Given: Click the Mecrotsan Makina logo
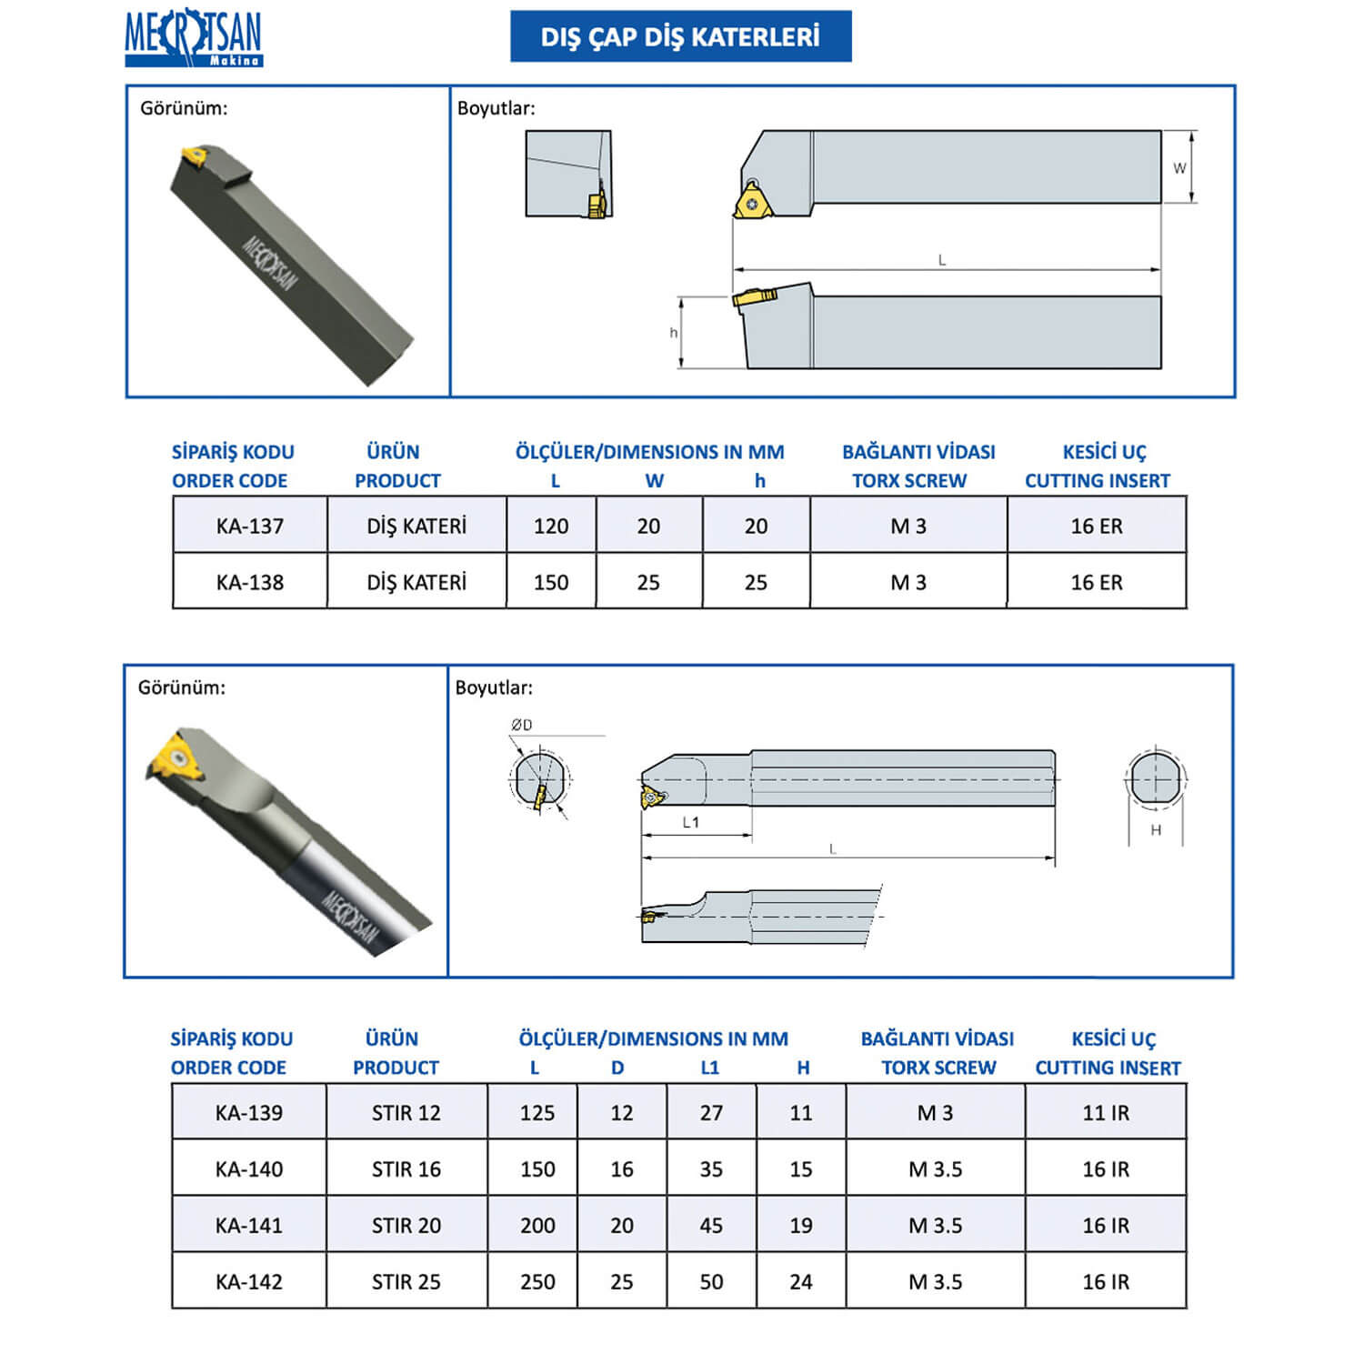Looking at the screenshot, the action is tap(193, 37).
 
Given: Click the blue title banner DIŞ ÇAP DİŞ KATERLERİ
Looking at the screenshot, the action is tap(681, 36).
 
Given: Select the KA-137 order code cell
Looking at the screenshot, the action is tap(250, 525).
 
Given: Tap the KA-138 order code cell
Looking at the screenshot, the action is tap(250, 581).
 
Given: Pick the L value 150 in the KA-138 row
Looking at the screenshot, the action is tap(551, 582).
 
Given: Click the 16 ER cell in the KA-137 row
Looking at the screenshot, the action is tap(1097, 526).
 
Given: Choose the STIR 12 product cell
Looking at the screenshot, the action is tap(406, 1112).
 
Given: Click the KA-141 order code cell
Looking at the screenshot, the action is tap(249, 1225).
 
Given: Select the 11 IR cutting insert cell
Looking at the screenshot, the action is tap(1106, 1112).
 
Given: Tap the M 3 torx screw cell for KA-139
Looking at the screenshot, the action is tap(936, 1112).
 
